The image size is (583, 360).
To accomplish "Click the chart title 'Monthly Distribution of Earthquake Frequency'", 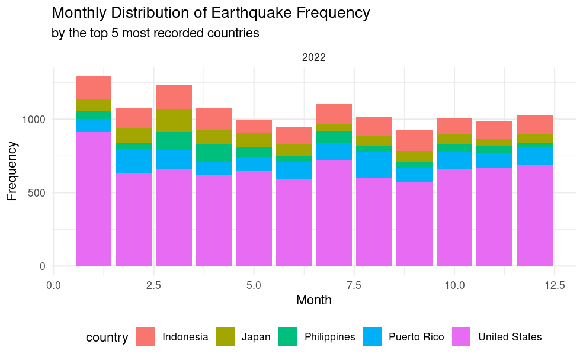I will tap(211, 13).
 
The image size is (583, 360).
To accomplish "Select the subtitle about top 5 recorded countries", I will tap(156, 33).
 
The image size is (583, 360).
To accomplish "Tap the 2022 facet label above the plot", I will tap(314, 57).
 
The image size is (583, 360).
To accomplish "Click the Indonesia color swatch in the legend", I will tap(146, 337).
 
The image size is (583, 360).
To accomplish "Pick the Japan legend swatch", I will tap(225, 337).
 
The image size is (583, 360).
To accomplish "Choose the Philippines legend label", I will tap(329, 337).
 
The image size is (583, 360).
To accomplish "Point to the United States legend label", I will tap(510, 337).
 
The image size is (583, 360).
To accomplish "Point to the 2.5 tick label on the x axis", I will tap(153, 285).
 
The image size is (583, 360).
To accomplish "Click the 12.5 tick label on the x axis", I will tap(554, 285).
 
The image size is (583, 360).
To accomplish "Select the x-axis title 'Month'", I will tap(314, 300).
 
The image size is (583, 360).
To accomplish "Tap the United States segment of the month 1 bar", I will tap(94, 199).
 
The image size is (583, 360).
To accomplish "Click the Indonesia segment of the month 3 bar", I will tap(174, 97).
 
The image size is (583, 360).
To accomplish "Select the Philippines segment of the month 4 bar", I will tap(214, 153).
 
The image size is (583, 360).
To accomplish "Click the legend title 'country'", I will tap(107, 337).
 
